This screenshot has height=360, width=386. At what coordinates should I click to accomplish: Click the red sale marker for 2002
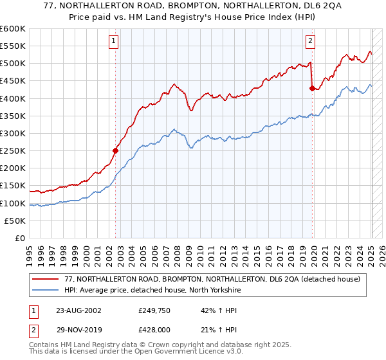point(116,151)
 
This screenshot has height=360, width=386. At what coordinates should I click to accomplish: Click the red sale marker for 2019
point(312,89)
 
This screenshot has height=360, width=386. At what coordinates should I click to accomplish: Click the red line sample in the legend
point(46,278)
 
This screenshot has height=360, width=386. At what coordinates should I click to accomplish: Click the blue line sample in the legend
point(46,289)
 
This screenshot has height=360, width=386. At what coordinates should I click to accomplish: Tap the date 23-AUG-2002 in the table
point(77,310)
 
